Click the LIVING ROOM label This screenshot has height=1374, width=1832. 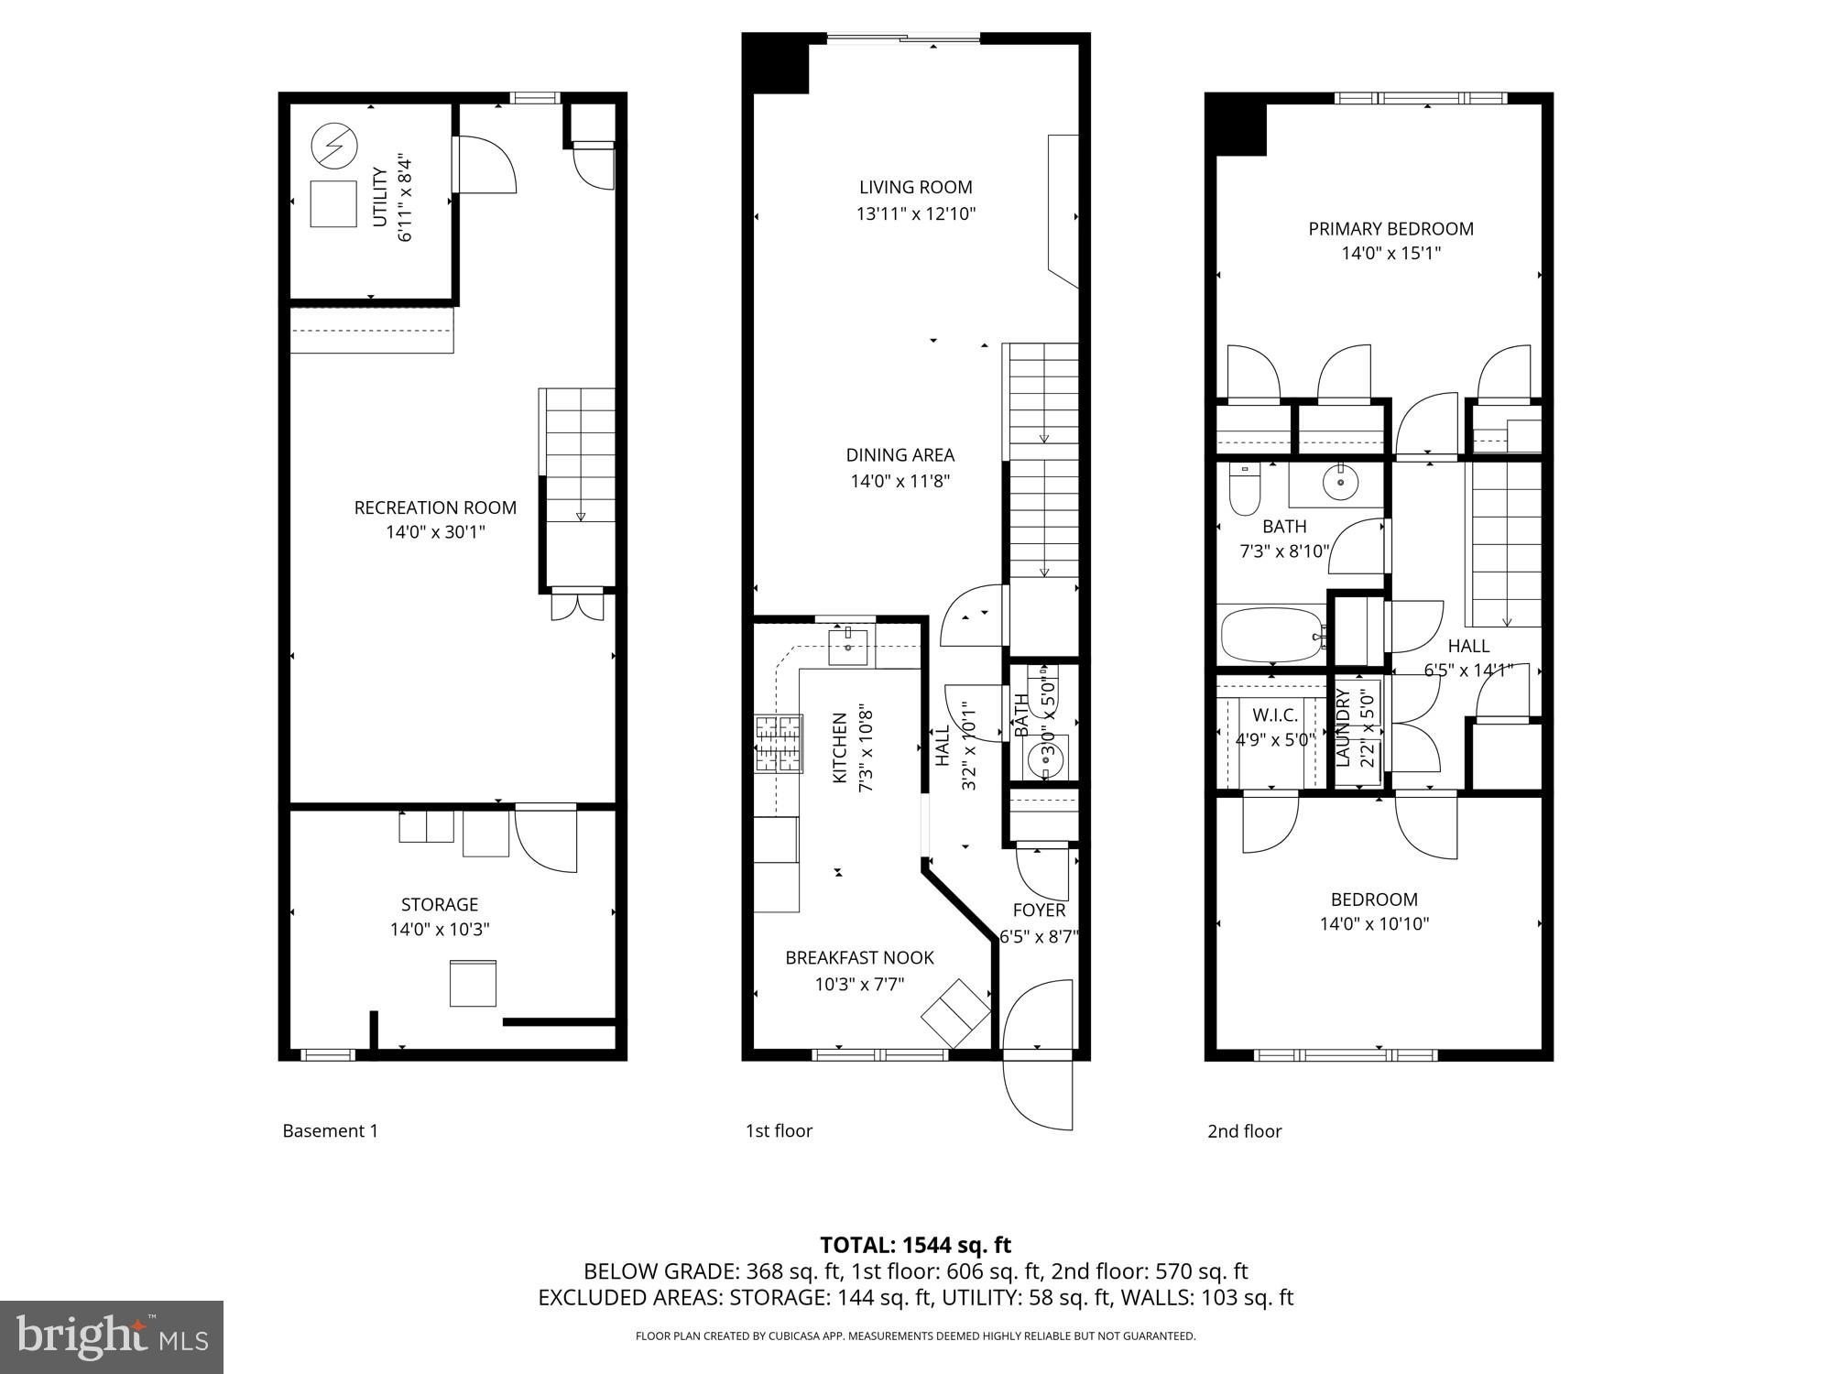click(915, 188)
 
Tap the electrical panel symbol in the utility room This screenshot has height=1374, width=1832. click(333, 146)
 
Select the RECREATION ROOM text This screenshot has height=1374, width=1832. click(435, 507)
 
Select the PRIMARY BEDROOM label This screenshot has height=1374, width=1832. click(1390, 229)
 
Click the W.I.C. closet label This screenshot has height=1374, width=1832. click(1274, 714)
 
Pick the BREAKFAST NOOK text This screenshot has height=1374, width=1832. click(859, 958)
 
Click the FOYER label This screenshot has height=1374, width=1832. click(1039, 911)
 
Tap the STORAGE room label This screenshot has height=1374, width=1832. click(440, 905)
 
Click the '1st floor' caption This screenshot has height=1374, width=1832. click(779, 1131)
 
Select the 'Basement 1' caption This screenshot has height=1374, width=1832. click(330, 1131)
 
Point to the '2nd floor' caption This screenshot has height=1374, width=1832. click(1244, 1131)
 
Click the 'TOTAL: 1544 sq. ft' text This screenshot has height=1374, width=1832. click(915, 1245)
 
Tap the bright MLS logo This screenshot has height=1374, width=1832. click(111, 1337)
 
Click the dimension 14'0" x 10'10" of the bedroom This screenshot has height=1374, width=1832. click(1374, 924)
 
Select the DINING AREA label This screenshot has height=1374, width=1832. click(900, 455)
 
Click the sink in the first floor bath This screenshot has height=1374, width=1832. click(1045, 758)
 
